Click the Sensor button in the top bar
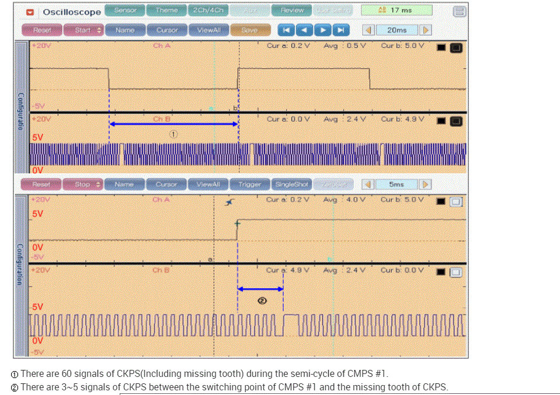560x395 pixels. click(125, 11)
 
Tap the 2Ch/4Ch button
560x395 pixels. click(208, 11)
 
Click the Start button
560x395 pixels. click(83, 30)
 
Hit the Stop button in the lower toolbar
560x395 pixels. click(83, 184)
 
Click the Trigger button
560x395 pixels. click(249, 184)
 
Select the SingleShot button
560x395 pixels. click(291, 184)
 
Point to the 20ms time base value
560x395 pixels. click(396, 30)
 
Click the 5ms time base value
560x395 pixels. click(396, 184)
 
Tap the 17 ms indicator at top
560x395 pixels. click(396, 11)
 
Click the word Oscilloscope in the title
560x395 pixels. click(72, 12)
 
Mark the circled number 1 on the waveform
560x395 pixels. click(173, 134)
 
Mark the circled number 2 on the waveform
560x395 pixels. click(262, 300)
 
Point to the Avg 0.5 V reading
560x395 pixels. click(345, 46)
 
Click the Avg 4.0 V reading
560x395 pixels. click(345, 200)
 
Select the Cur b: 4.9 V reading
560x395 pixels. click(402, 119)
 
